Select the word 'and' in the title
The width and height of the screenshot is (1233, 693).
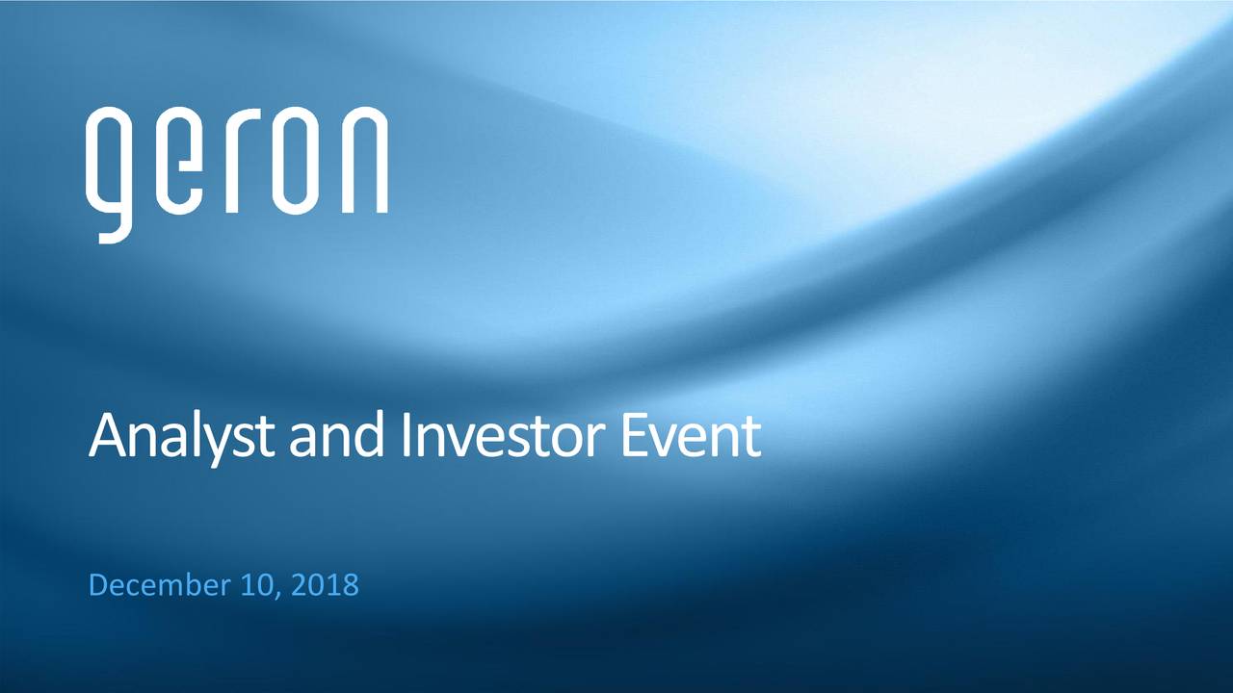337,435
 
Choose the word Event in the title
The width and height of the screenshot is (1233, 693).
690,435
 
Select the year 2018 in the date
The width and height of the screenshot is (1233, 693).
323,584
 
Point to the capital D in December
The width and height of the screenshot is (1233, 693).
98,584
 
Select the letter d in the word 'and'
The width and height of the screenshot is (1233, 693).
371,435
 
